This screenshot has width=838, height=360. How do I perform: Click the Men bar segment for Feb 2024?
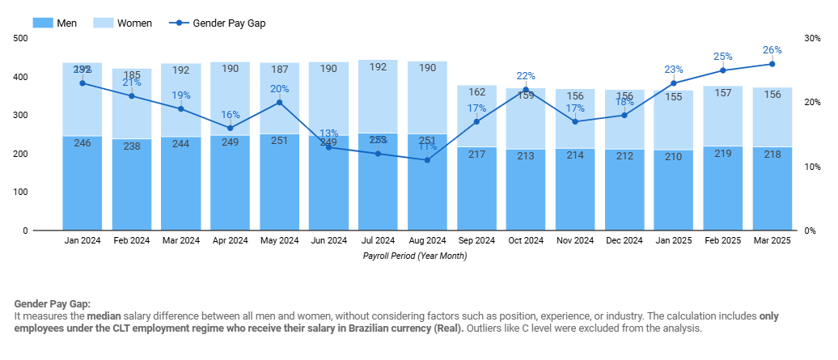click(132, 190)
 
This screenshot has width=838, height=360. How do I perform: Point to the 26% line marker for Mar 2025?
click(772, 64)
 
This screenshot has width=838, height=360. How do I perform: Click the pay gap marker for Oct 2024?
click(526, 90)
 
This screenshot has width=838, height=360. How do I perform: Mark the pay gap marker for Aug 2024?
click(427, 160)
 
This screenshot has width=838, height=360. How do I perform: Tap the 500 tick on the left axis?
click(21, 38)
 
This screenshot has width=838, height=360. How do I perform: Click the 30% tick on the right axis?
click(812, 38)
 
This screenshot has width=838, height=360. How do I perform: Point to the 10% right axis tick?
click(812, 167)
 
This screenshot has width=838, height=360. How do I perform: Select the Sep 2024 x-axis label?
click(476, 240)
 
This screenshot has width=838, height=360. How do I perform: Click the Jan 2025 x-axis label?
click(674, 240)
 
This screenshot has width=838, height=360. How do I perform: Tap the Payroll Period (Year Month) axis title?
click(415, 256)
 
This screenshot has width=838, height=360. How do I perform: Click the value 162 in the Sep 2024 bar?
click(476, 91)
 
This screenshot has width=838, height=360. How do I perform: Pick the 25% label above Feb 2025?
click(722, 57)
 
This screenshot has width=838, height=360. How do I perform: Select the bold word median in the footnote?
click(104, 316)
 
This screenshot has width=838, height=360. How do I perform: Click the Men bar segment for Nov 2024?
click(575, 194)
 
